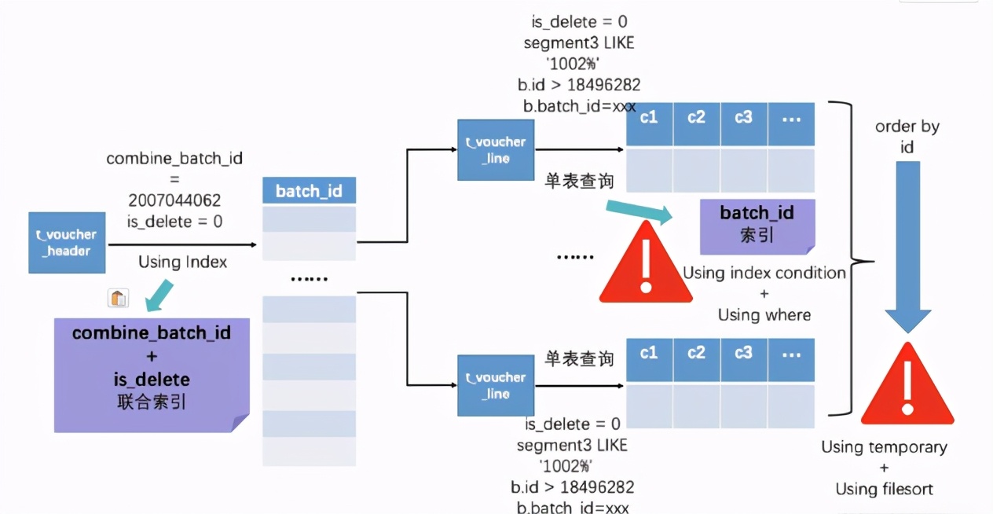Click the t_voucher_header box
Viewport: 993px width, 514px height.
click(67, 243)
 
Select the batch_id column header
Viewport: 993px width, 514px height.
click(309, 191)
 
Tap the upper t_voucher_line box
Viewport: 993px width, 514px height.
click(496, 150)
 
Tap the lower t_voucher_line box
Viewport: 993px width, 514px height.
click(496, 385)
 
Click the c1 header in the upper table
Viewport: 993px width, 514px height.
click(649, 118)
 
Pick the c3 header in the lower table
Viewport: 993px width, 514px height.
click(743, 354)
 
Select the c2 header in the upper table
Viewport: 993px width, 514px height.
click(696, 118)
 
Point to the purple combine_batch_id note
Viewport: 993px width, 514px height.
click(152, 374)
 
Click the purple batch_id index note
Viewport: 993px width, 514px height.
click(757, 225)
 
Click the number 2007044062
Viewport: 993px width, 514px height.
click(175, 200)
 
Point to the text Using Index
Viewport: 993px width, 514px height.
click(182, 262)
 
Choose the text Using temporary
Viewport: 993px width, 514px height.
click(884, 447)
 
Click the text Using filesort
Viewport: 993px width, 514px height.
click(884, 489)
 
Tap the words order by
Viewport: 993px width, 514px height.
click(907, 127)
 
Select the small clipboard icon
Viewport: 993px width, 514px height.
click(118, 298)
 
